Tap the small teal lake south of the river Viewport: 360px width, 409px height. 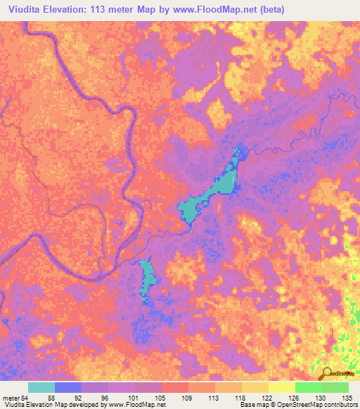pyautogui.click(x=147, y=278)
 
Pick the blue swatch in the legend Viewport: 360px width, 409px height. pyautogui.click(x=68, y=387)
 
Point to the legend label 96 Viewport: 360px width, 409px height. pyautogui.click(x=95, y=397)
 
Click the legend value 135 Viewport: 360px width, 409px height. pyautogui.click(x=345, y=397)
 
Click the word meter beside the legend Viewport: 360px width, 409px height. pyautogui.click(x=10, y=397)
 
